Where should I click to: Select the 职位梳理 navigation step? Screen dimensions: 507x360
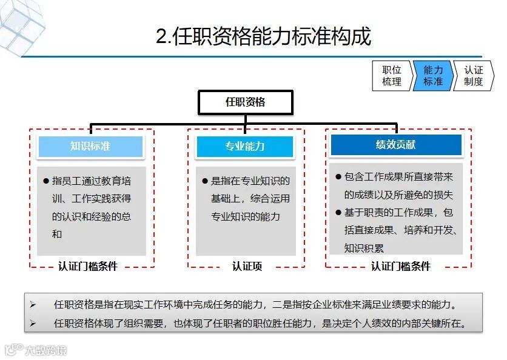(392, 76)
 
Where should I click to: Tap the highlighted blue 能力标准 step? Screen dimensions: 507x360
(432, 76)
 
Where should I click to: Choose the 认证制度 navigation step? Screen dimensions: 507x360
(473, 76)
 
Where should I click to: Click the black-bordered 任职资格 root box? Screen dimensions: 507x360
(246, 102)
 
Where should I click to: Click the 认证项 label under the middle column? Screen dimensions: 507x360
(247, 266)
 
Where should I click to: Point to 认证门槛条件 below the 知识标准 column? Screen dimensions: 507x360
(88, 266)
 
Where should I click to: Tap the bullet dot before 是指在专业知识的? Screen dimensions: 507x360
(205, 181)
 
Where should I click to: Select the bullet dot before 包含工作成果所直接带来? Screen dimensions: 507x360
(338, 177)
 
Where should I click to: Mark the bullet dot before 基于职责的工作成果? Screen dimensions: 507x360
(338, 213)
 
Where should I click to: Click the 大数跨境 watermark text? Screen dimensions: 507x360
(45, 350)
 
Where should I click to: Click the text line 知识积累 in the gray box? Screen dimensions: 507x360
(364, 248)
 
